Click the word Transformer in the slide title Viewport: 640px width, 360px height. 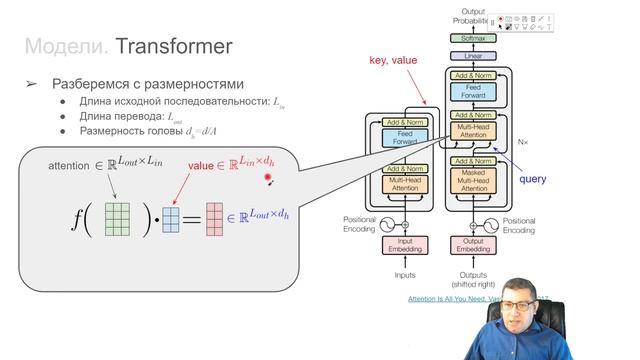(x=174, y=46)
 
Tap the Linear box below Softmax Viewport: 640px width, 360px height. (x=473, y=56)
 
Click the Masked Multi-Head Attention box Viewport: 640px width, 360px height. (x=473, y=181)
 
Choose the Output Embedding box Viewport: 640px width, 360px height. (x=473, y=244)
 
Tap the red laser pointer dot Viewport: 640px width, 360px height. (x=268, y=180)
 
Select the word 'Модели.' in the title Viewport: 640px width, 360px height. (x=66, y=46)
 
